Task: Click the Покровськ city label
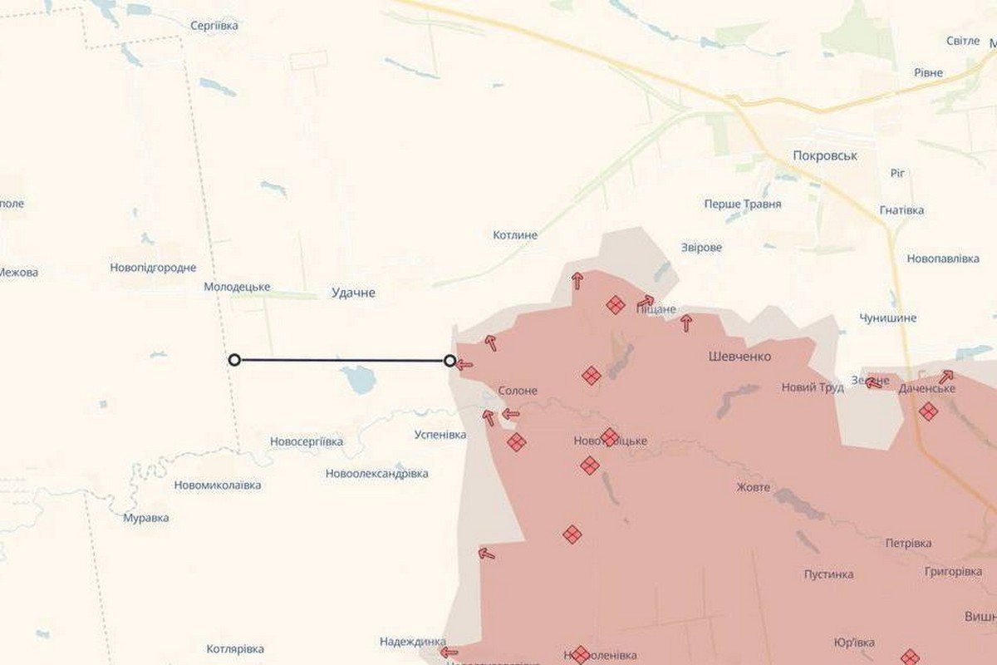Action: coord(824,155)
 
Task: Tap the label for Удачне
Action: coord(354,293)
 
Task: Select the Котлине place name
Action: coord(515,235)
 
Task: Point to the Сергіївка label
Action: coord(214,26)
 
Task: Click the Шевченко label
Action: coord(739,357)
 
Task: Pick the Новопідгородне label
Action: coord(153,268)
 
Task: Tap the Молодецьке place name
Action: coord(237,287)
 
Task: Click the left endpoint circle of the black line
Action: coord(234,360)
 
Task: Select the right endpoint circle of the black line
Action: coord(450,361)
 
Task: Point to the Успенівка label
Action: coord(440,435)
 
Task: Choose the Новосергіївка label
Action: coord(307,441)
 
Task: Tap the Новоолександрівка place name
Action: coord(377,474)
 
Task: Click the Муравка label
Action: coord(146,518)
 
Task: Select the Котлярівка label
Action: coord(235,648)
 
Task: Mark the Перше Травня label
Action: coord(742,204)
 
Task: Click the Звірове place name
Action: coord(701,248)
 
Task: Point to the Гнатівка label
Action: coord(901,210)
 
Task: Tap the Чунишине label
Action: coord(888,318)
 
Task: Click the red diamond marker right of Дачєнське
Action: coord(928,411)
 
